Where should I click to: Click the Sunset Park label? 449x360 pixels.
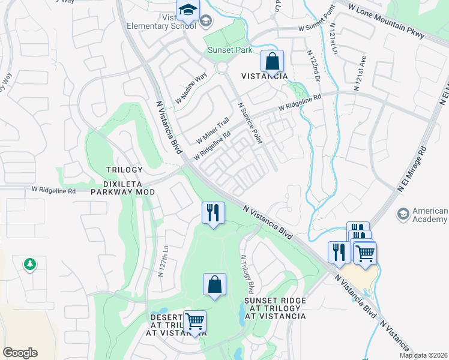[230, 50]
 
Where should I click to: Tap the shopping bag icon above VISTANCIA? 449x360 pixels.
[272, 61]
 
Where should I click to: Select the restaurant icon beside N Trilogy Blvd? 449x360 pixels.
[213, 213]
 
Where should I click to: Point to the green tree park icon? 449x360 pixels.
[29, 264]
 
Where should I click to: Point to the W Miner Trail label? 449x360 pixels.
[213, 130]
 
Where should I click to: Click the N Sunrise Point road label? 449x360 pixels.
[250, 123]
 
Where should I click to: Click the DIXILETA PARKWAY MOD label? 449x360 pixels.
[122, 192]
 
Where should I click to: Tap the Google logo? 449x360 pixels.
[20, 353]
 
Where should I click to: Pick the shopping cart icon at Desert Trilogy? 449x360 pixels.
[194, 322]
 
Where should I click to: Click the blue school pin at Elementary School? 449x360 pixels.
[187, 12]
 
